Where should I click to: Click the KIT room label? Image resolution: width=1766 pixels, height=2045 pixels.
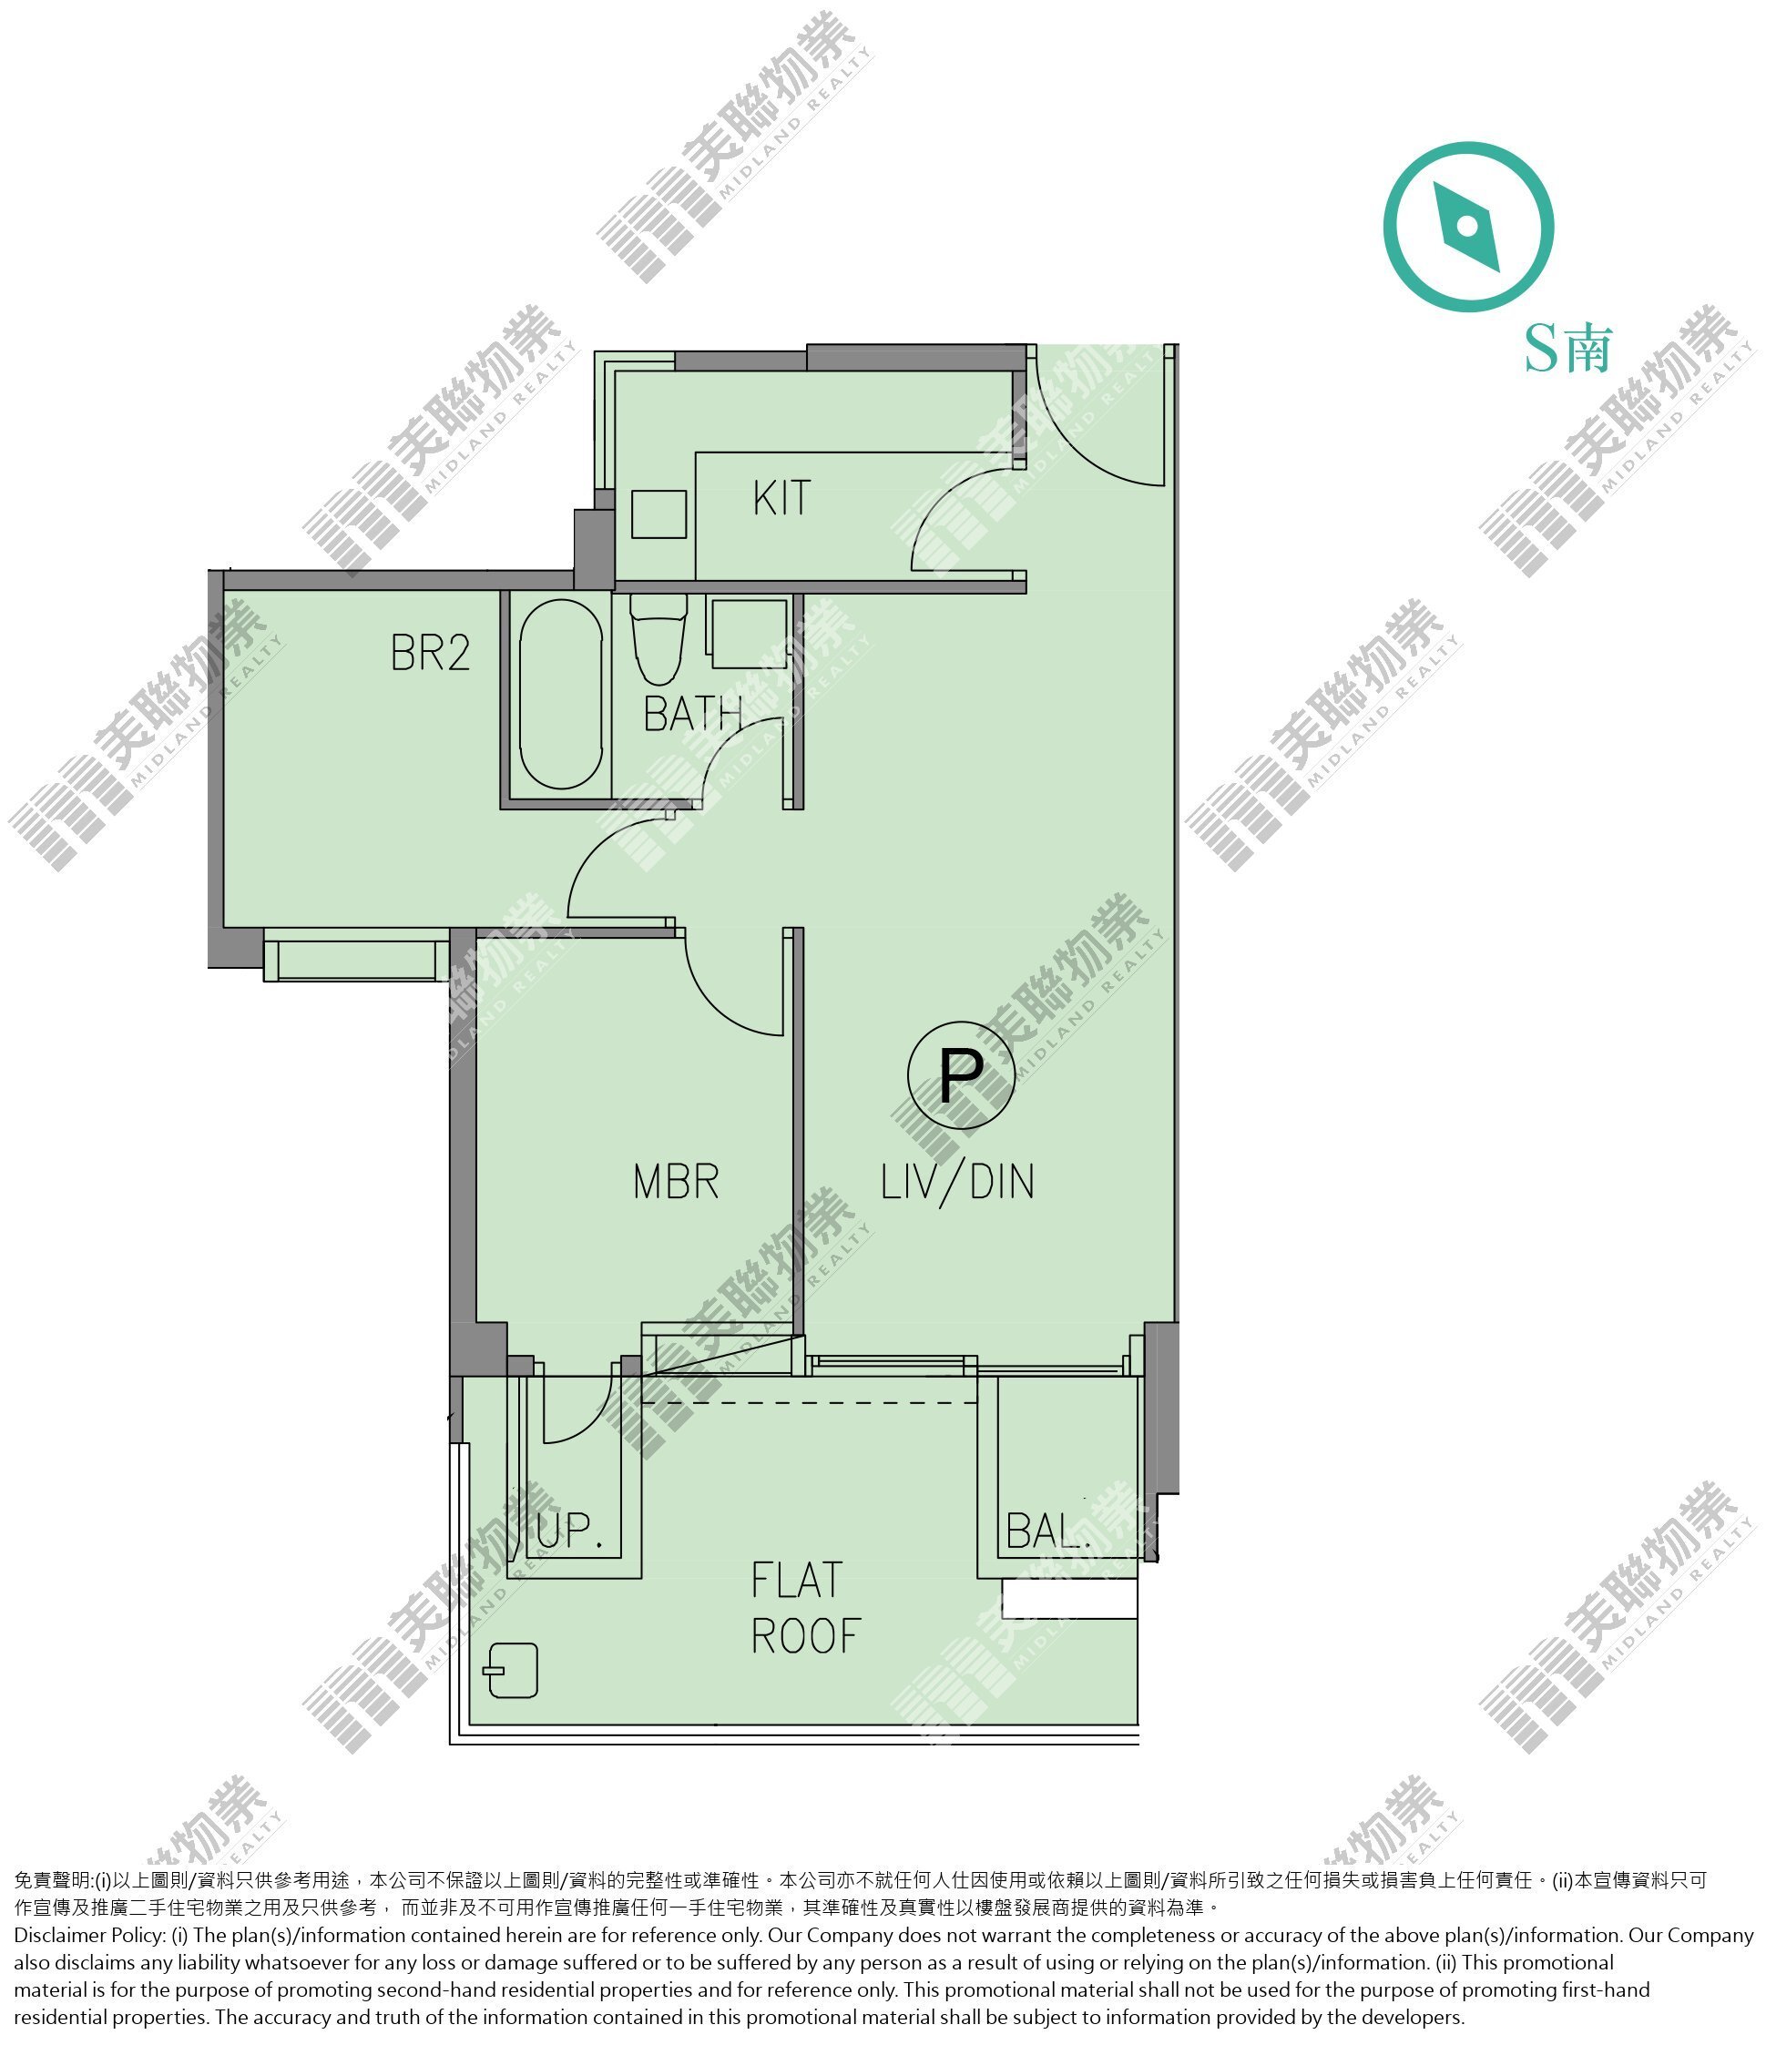pos(781,498)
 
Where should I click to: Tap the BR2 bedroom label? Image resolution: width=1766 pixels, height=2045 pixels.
pos(431,653)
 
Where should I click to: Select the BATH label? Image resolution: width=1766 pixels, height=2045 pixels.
pos(693,715)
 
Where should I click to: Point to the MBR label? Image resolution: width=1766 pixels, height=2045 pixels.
pos(676,1182)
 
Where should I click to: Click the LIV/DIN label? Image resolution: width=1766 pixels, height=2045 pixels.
pos(957,1182)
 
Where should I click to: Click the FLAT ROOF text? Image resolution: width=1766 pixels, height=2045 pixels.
pos(805,1608)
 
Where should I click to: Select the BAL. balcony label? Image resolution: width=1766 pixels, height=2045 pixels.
pos(1048,1531)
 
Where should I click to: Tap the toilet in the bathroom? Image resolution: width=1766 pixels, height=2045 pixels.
pos(658,639)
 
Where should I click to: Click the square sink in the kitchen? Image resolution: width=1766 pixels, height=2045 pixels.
pos(658,514)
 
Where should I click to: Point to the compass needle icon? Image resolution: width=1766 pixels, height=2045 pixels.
pos(1468,227)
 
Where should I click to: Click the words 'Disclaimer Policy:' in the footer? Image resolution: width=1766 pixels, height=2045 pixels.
pos(89,1936)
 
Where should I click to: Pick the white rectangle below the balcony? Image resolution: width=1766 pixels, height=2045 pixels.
pos(1070,1599)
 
